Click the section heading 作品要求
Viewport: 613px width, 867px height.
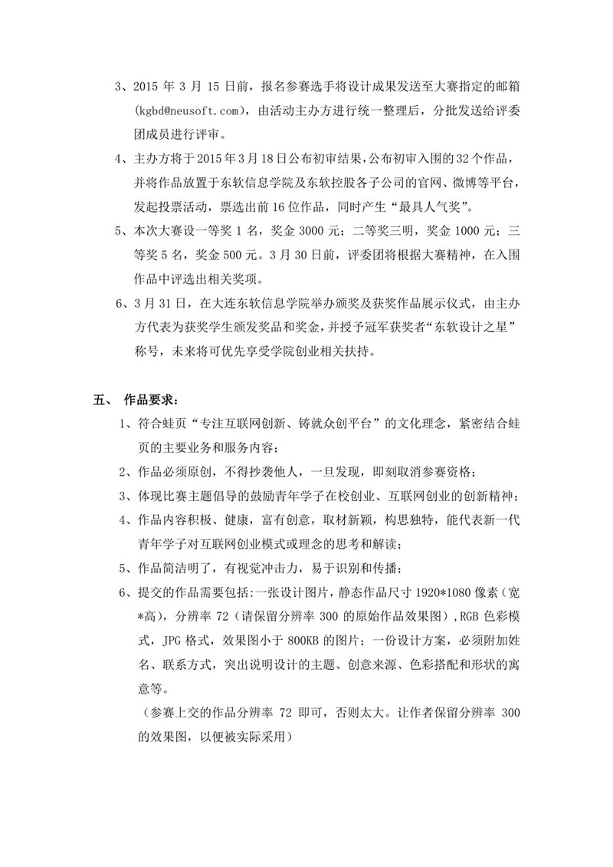click(152, 401)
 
